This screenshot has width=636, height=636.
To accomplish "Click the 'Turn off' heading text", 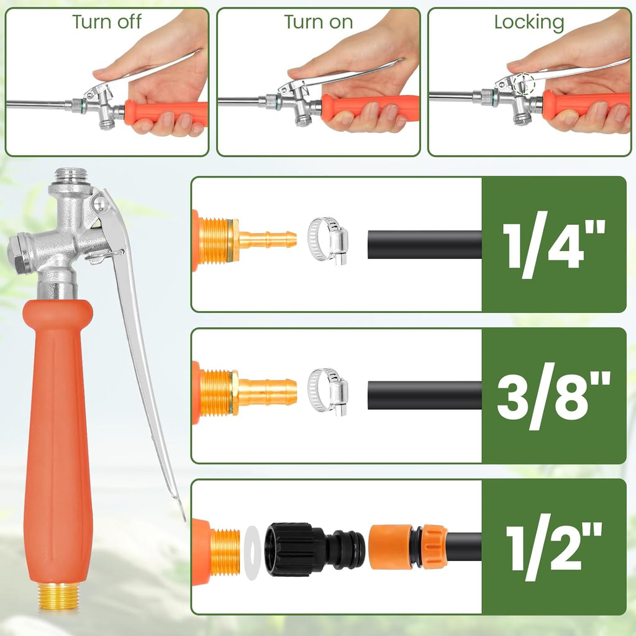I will [107, 22].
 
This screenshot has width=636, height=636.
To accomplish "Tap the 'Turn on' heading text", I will [319, 22].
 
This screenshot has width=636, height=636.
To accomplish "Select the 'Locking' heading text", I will [529, 22].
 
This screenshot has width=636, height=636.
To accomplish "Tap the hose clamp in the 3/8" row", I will [328, 392].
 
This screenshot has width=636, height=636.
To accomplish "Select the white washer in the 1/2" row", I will [252, 552].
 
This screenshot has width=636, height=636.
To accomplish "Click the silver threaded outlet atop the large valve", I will [70, 177].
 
